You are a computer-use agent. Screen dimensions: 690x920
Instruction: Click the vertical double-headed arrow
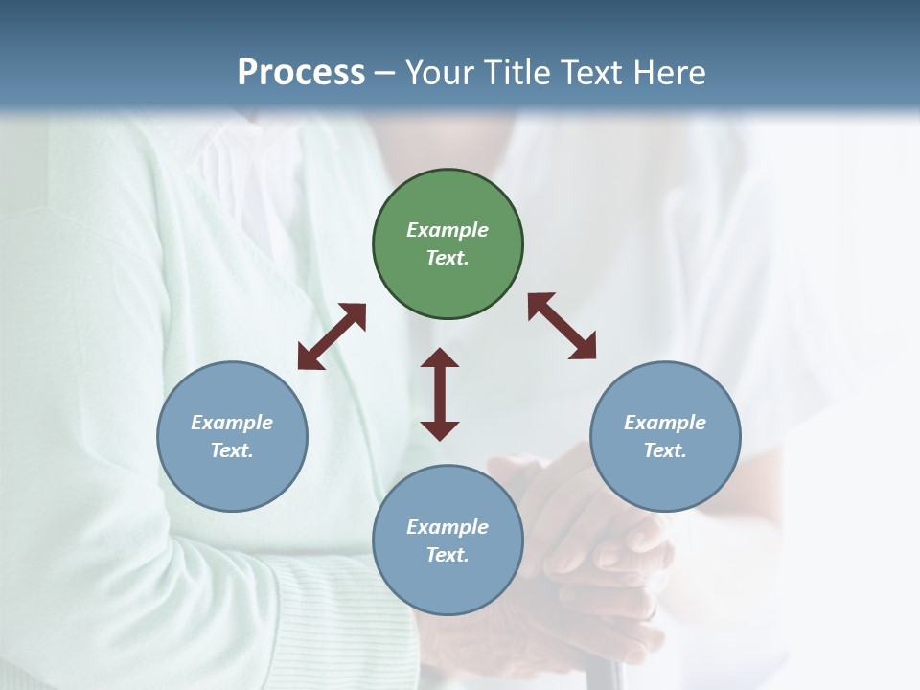(x=440, y=394)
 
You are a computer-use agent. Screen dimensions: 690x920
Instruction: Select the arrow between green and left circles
(x=332, y=336)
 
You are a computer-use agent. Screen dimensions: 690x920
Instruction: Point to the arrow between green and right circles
(x=563, y=326)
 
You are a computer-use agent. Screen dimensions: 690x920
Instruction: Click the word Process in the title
(x=301, y=73)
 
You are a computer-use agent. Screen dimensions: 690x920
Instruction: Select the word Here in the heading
(x=670, y=73)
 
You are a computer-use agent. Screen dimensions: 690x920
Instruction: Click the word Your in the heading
(x=439, y=73)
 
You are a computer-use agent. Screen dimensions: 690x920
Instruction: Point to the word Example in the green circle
(x=448, y=230)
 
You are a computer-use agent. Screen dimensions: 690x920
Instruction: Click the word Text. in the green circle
(x=448, y=258)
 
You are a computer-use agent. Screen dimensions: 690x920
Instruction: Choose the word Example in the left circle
(x=232, y=423)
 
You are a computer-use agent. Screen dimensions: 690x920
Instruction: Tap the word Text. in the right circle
(x=665, y=450)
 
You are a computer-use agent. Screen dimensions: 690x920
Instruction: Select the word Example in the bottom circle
(x=448, y=527)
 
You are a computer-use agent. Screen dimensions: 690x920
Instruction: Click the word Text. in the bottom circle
(x=448, y=555)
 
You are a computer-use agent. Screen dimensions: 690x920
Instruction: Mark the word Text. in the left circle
(x=232, y=450)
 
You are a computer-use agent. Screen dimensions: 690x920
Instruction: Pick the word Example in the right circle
(x=665, y=423)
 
